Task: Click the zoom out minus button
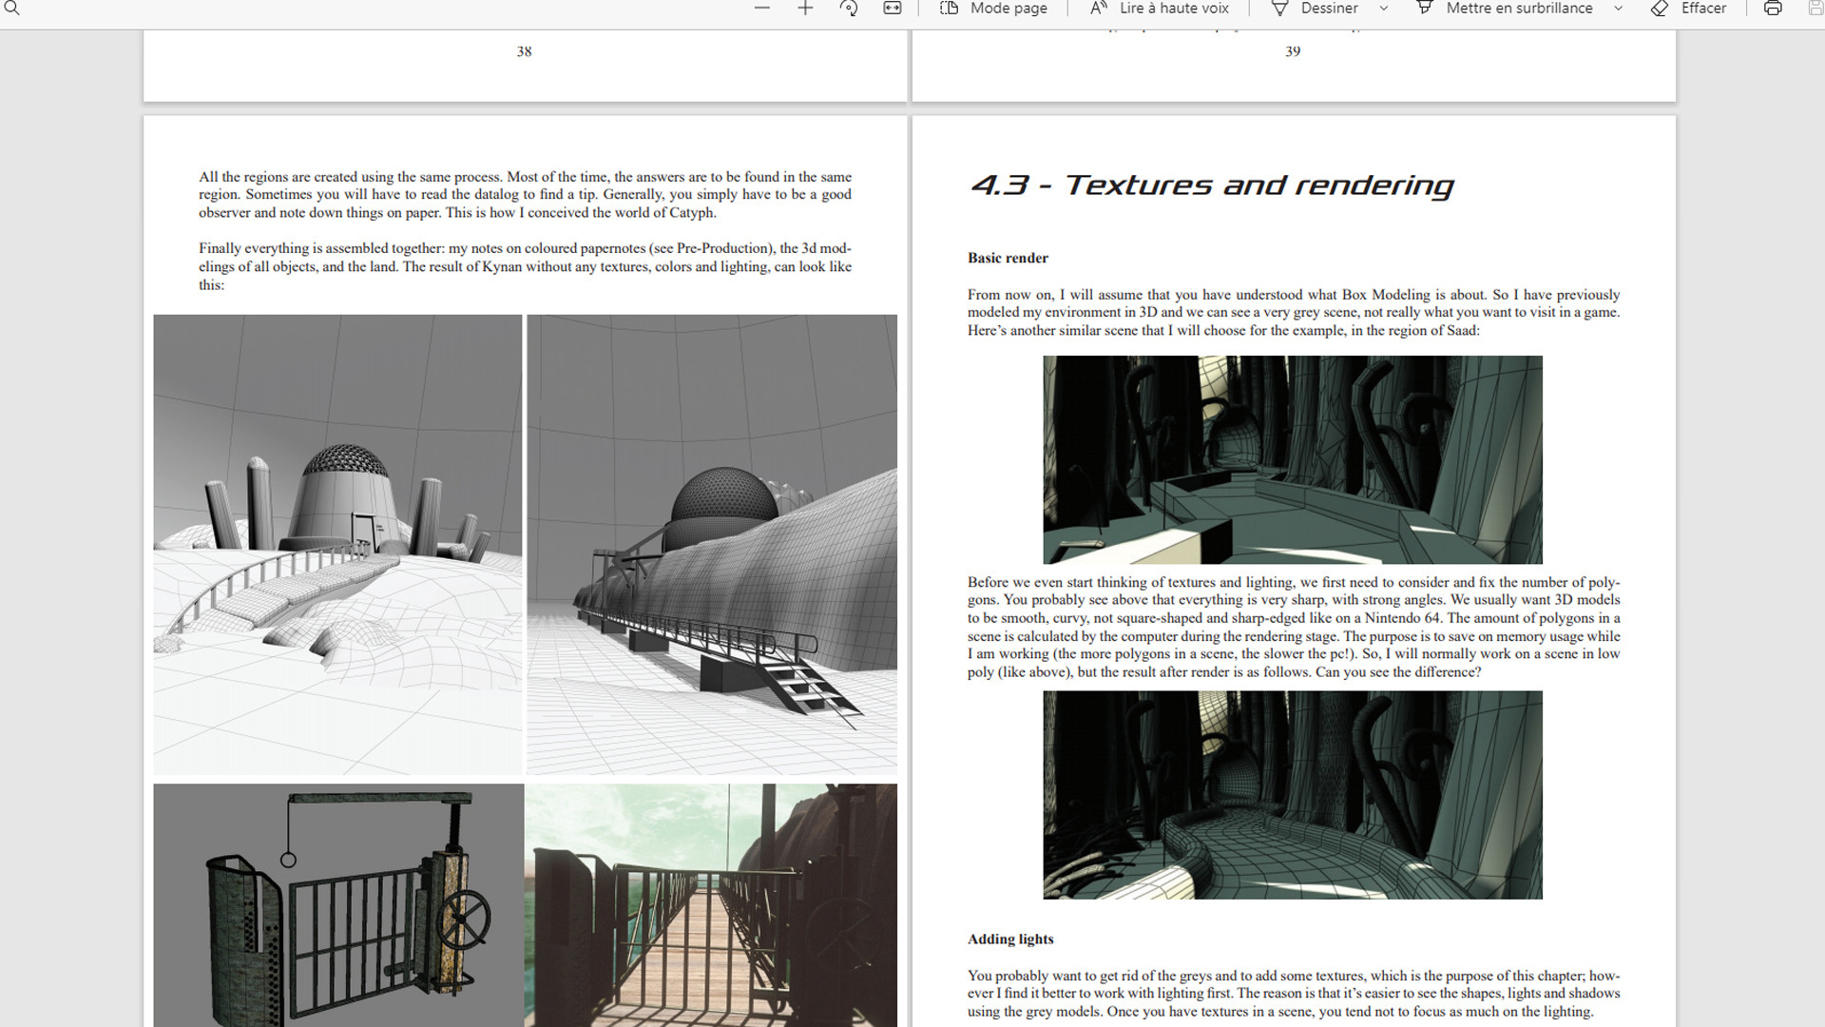coord(761,9)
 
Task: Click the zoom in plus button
coord(805,9)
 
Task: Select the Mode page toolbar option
coord(993,9)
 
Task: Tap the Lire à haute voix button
coord(1160,9)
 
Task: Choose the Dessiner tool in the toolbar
coord(1316,9)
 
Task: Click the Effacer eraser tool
coord(1689,9)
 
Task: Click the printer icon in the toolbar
coord(1773,9)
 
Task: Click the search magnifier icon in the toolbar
coord(12,9)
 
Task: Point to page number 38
coord(524,51)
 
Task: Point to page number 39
coord(1293,51)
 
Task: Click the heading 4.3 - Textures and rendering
coord(1212,184)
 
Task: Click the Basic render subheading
coord(1008,258)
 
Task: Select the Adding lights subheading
coord(1010,939)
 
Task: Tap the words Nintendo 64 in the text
coord(1402,618)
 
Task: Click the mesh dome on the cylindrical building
coord(345,460)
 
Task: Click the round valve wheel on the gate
coord(463,920)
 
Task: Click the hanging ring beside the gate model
coord(288,860)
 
